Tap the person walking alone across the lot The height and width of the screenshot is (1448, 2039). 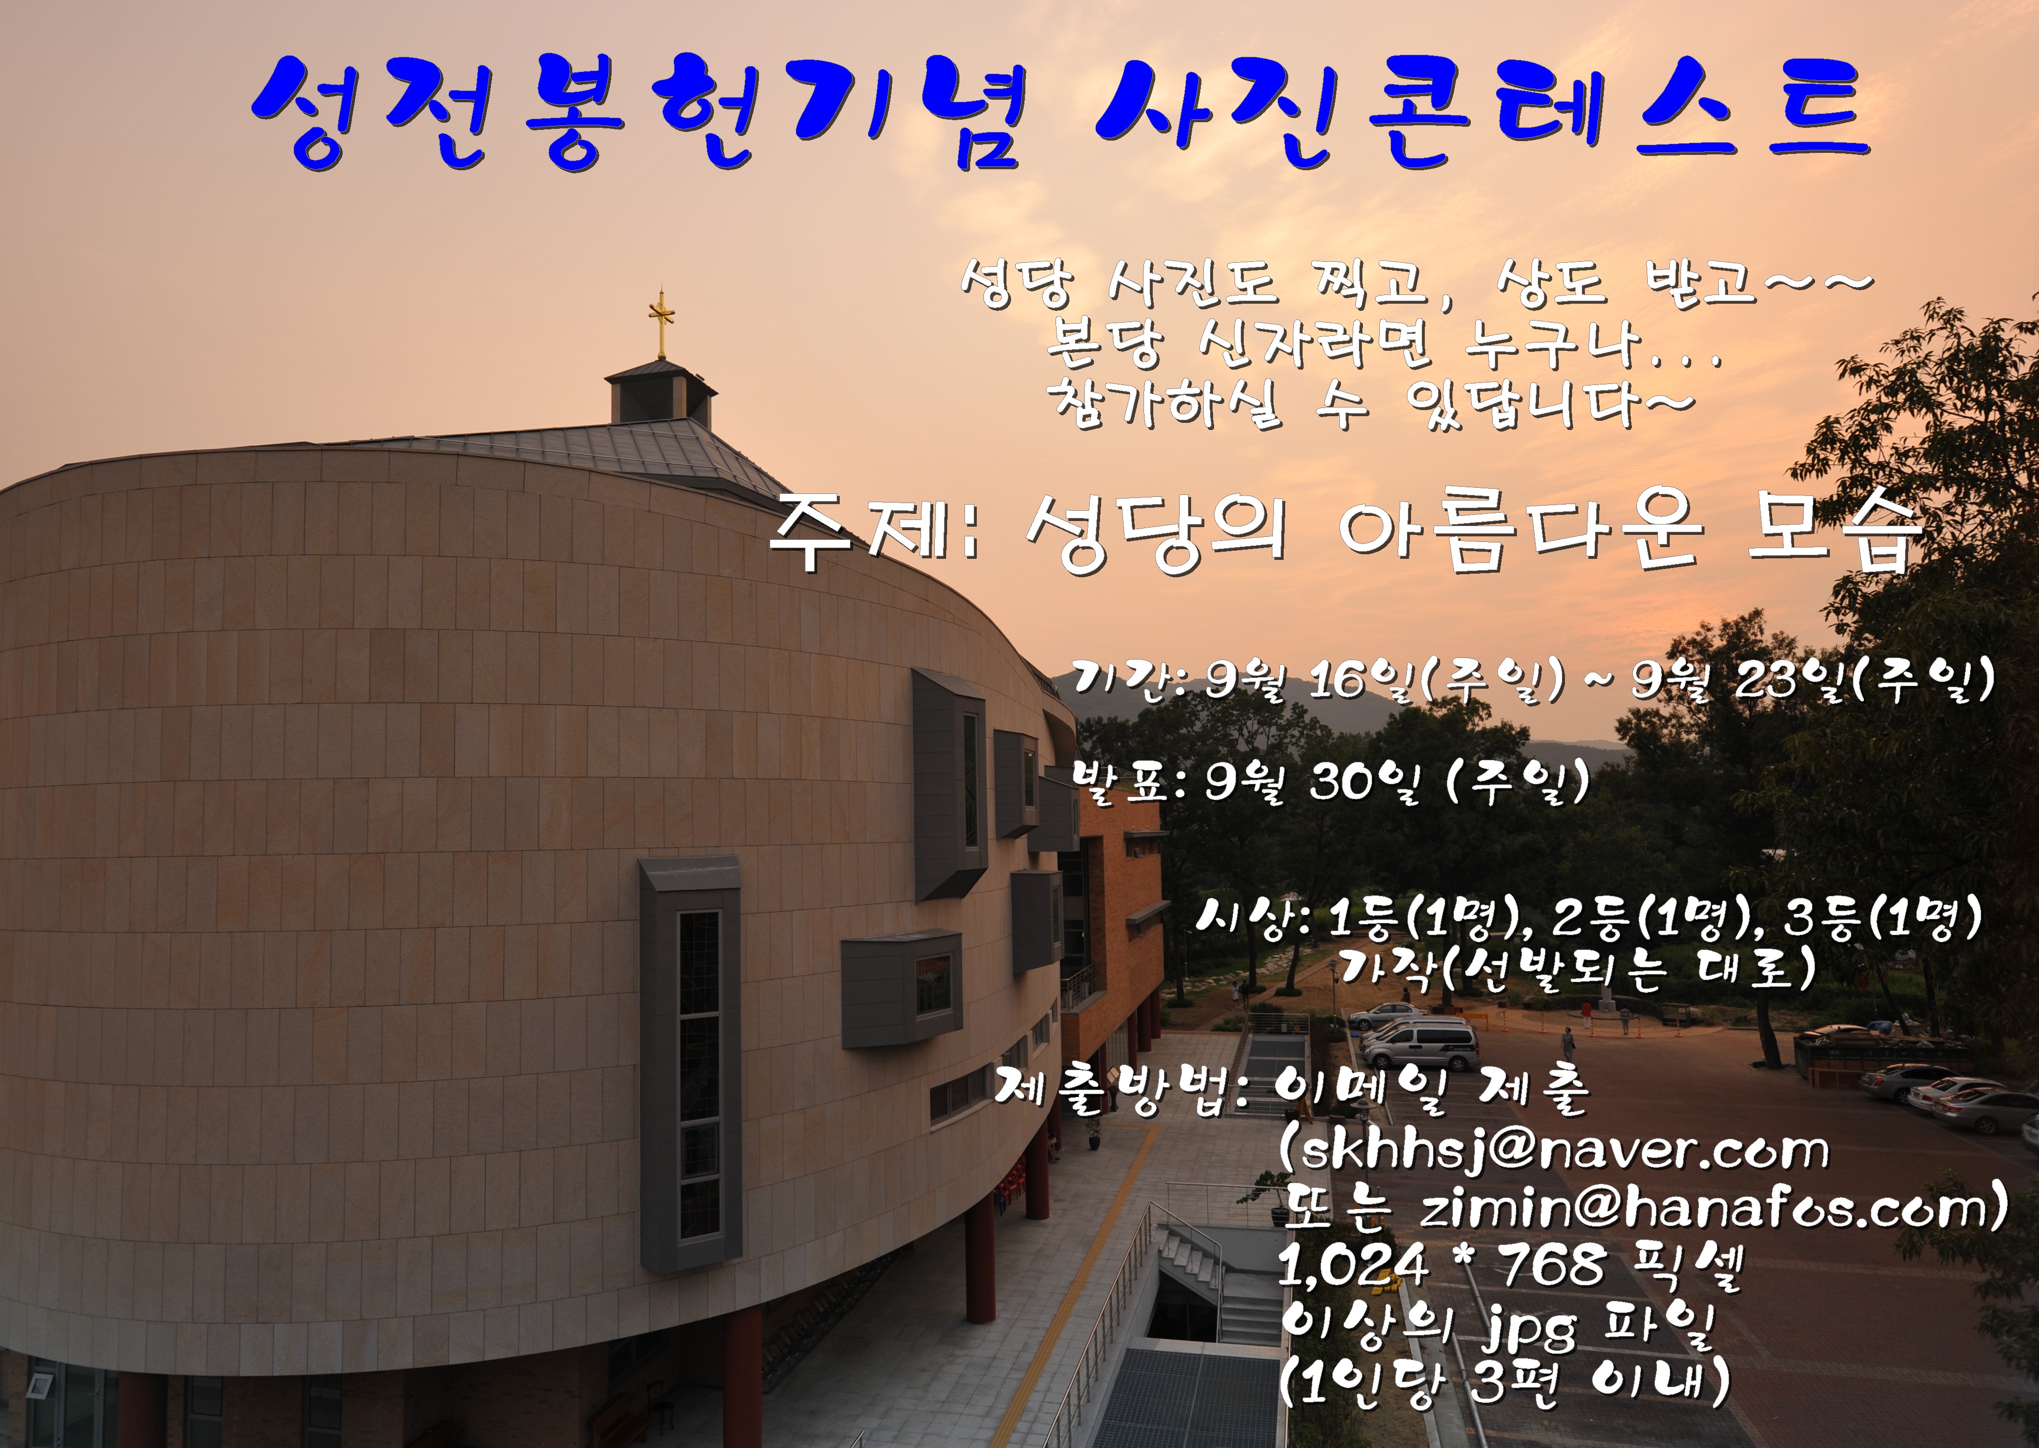click(1567, 1043)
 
